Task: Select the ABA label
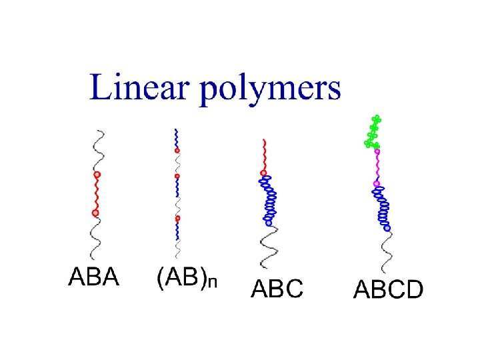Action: click(93, 276)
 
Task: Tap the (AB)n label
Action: click(186, 277)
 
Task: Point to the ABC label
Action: click(277, 289)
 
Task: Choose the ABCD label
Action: click(387, 290)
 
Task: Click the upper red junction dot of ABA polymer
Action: click(97, 175)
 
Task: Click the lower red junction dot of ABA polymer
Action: click(95, 213)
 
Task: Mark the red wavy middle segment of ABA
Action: click(97, 194)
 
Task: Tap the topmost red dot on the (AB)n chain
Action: click(177, 151)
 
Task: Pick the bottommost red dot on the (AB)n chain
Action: click(177, 219)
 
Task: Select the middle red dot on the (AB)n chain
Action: click(177, 177)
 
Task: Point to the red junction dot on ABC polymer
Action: click(263, 173)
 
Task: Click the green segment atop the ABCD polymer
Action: click(373, 132)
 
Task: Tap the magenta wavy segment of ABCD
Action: click(377, 167)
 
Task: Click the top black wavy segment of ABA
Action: click(98, 150)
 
